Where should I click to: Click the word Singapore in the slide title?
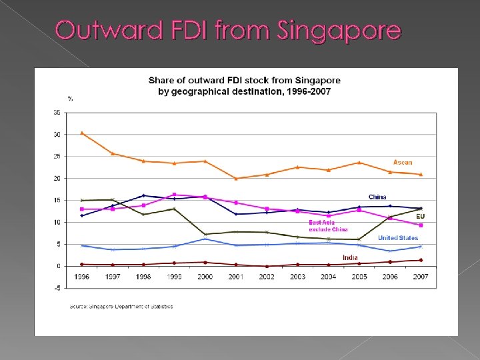(339, 31)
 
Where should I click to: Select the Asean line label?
(403, 162)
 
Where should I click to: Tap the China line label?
(377, 197)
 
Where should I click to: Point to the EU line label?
(420, 217)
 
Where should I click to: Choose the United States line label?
(398, 238)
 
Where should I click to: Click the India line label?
(350, 257)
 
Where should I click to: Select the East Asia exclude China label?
(328, 226)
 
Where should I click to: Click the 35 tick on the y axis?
(57, 113)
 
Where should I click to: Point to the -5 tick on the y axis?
(57, 288)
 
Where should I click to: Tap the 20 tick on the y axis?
(57, 179)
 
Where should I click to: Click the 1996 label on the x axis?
(81, 276)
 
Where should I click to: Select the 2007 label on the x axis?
(421, 276)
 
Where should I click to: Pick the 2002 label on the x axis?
(267, 276)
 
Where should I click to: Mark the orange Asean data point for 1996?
(81, 133)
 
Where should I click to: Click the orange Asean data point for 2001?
(236, 179)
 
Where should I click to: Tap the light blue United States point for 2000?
(205, 239)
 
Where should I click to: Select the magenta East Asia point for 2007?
(421, 225)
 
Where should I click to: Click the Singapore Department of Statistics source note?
(121, 307)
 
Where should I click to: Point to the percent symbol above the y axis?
(70, 99)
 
